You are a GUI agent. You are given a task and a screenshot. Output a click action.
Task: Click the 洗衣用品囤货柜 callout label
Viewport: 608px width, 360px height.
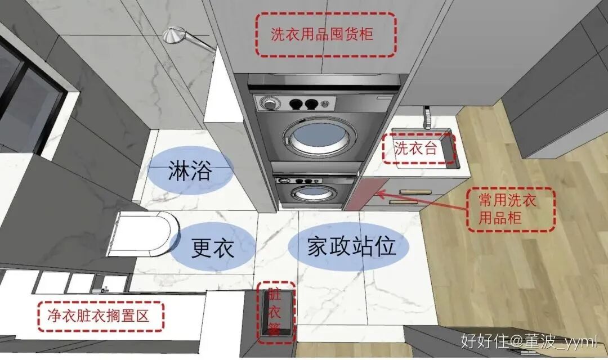[326, 34]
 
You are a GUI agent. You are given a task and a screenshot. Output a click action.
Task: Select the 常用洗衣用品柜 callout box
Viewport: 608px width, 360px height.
[511, 209]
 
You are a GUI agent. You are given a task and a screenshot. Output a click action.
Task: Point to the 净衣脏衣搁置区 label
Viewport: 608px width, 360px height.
[101, 316]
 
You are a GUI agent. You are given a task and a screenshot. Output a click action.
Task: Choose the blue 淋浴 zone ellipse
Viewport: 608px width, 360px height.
[190, 171]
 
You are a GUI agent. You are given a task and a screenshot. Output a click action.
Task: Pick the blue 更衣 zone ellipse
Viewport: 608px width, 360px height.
[213, 247]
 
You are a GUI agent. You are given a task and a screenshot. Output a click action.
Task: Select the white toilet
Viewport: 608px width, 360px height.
[145, 233]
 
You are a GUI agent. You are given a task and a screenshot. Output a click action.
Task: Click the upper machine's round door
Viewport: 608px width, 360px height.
[312, 137]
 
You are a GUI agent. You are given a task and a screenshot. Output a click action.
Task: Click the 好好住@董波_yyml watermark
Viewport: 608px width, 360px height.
[528, 340]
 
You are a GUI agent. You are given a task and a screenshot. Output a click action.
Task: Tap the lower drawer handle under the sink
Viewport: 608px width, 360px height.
[404, 202]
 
